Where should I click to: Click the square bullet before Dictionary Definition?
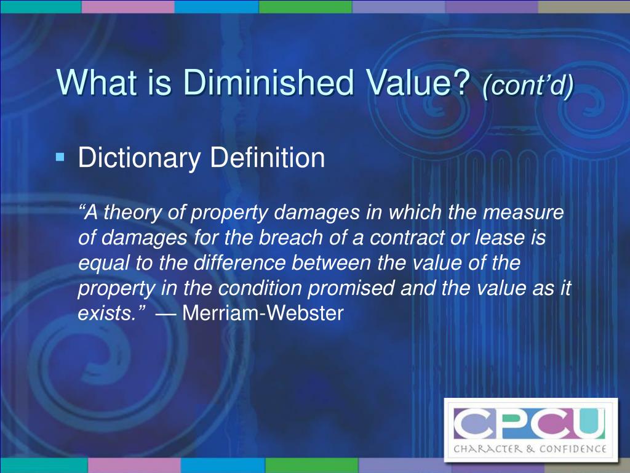pyautogui.click(x=60, y=156)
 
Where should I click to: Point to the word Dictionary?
pyautogui.click(x=139, y=158)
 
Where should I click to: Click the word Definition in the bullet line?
pyautogui.click(x=268, y=157)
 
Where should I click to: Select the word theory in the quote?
pyautogui.click(x=132, y=212)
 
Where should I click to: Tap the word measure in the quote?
pyautogui.click(x=523, y=213)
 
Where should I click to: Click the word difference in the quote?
pyautogui.click(x=239, y=262)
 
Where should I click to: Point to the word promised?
pyautogui.click(x=351, y=288)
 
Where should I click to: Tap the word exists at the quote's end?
pyautogui.click(x=105, y=313)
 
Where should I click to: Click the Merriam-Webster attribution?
pyautogui.click(x=263, y=313)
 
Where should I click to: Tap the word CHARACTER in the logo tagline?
pyautogui.click(x=487, y=448)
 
